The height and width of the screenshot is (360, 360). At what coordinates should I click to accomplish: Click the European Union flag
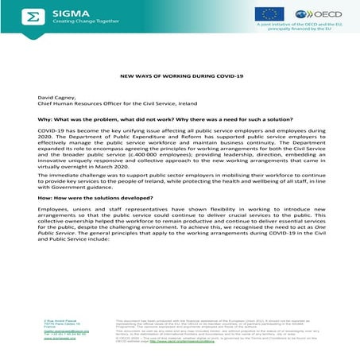pos(269,14)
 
